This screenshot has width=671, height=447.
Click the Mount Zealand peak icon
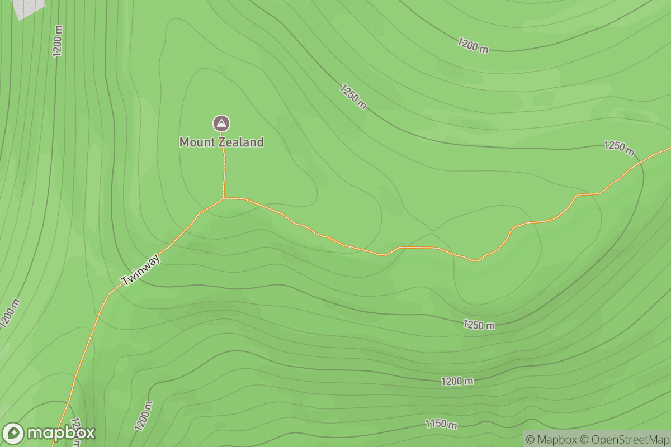tap(221, 123)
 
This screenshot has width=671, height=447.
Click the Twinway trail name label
tap(140, 270)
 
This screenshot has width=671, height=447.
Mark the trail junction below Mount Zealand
tap(223, 198)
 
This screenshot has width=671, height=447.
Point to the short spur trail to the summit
tap(224, 168)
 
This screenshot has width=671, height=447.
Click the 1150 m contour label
tap(441, 424)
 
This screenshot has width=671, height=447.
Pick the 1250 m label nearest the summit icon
tap(353, 96)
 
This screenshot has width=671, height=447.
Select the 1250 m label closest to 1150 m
tap(479, 325)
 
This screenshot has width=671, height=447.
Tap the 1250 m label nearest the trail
tap(620, 148)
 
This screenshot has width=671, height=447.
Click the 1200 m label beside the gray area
tap(58, 41)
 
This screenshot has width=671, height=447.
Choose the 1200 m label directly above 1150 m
tap(457, 381)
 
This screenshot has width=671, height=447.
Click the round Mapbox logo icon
tap(13, 434)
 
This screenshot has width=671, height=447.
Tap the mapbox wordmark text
tap(60, 434)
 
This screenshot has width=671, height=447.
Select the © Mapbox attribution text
tap(552, 439)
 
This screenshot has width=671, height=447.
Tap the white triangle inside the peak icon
tap(221, 122)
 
